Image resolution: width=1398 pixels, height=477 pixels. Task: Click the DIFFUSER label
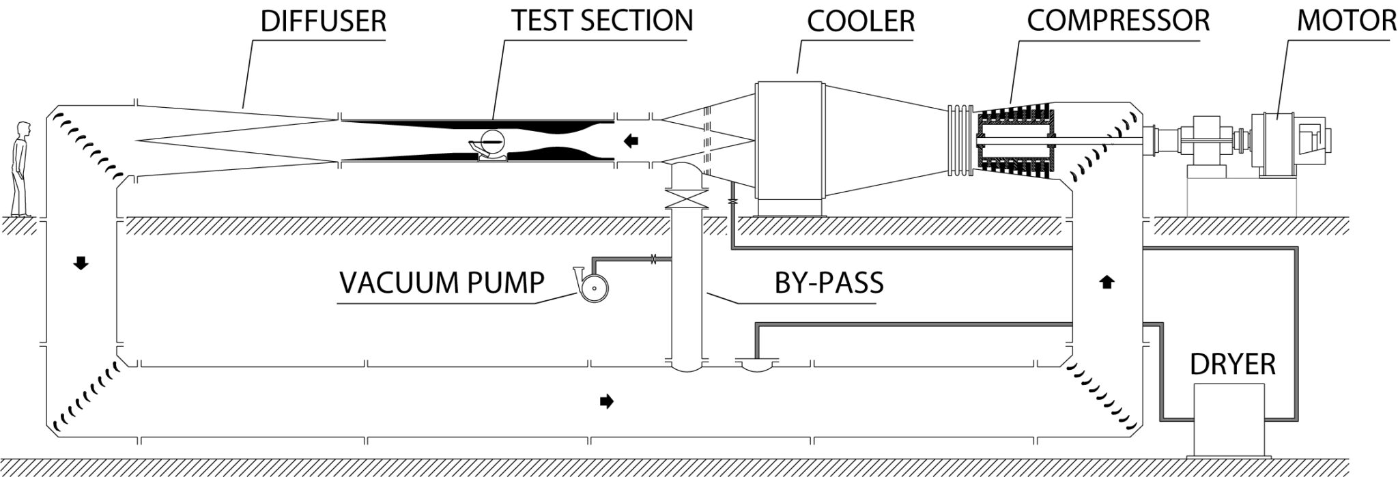[324, 22]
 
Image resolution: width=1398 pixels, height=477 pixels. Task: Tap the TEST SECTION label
[602, 20]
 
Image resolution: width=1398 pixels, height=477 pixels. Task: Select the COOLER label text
[861, 22]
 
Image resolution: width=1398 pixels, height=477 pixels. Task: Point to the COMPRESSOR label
[1117, 20]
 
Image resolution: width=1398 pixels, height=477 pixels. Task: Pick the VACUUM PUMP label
[442, 282]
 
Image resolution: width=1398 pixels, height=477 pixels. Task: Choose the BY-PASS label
[829, 282]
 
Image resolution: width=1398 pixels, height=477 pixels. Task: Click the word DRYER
[1232, 364]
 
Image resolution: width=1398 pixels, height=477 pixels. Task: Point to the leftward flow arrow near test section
[632, 141]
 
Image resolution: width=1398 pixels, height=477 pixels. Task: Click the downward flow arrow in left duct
[81, 263]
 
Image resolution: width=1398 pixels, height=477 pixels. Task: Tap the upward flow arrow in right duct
[1107, 281]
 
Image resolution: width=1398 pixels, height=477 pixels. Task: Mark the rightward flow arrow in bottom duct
[605, 402]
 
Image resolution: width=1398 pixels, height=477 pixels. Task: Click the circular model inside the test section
[492, 141]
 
